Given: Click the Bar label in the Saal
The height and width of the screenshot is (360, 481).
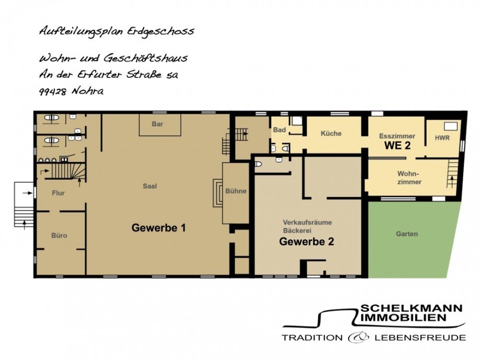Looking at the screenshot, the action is pyautogui.click(x=157, y=124).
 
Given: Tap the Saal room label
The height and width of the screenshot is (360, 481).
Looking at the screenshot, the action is pyautogui.click(x=150, y=186).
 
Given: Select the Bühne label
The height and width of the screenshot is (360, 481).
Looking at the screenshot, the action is pyautogui.click(x=236, y=191).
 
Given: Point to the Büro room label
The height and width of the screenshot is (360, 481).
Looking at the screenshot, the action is pyautogui.click(x=59, y=236).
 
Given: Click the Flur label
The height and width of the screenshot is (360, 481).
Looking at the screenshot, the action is pyautogui.click(x=58, y=193).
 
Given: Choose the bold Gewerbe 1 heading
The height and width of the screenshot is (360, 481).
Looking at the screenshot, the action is pyautogui.click(x=158, y=228).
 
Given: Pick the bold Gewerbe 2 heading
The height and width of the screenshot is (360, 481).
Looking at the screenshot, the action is pyautogui.click(x=306, y=241).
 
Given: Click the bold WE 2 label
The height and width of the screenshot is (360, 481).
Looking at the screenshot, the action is pyautogui.click(x=397, y=146).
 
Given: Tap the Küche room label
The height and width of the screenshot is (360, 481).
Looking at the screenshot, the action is pyautogui.click(x=331, y=133).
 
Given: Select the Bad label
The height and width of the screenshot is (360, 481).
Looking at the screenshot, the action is pyautogui.click(x=280, y=130).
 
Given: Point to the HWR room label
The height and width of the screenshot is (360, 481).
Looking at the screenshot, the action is pyautogui.click(x=442, y=138).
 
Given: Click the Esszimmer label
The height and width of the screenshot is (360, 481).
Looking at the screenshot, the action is pyautogui.click(x=397, y=136).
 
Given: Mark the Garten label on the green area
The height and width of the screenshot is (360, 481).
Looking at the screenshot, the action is pyautogui.click(x=407, y=234).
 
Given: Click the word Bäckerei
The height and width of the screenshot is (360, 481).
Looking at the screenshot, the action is pyautogui.click(x=297, y=230).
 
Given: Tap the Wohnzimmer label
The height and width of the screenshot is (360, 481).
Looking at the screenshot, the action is pyautogui.click(x=409, y=178).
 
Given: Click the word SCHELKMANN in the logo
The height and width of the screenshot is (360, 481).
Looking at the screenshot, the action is pyautogui.click(x=411, y=308).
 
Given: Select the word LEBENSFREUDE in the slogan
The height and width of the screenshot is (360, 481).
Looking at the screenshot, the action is pyautogui.click(x=420, y=338).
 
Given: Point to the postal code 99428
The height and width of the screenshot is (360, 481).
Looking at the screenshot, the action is pyautogui.click(x=52, y=91).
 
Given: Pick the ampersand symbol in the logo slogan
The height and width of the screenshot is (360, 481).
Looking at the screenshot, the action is pyautogui.click(x=358, y=338).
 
